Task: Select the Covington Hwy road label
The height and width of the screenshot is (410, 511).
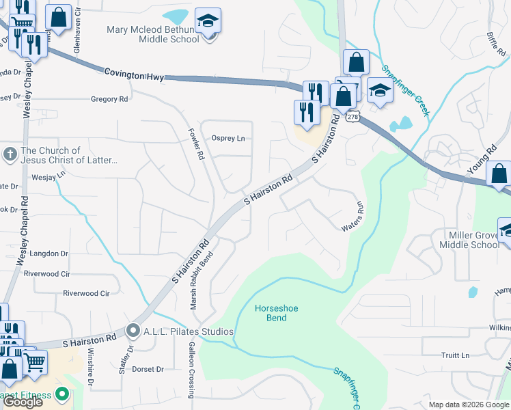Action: coord(135,74)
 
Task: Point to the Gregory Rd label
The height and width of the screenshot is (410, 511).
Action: coord(109,99)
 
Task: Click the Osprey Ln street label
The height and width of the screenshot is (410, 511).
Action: coord(227,138)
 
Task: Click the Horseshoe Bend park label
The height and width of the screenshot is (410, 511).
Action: coord(271,313)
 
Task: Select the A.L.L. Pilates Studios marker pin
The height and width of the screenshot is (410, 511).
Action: coord(133,331)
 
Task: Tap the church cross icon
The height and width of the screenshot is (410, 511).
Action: coord(10,154)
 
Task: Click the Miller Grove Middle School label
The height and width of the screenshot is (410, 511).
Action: coord(469,240)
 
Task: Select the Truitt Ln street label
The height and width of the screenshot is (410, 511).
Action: coord(455,355)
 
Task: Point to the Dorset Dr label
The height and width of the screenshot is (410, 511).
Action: coord(148,369)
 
